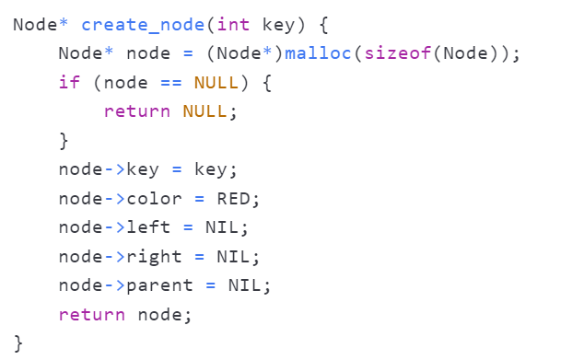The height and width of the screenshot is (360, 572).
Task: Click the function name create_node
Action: click(143, 25)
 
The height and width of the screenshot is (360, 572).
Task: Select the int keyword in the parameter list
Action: click(233, 25)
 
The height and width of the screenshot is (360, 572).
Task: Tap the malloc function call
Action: click(318, 53)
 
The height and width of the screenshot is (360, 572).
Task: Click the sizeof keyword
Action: click(398, 53)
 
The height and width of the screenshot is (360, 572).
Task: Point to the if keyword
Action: click(69, 82)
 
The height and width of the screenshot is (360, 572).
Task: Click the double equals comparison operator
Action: click(171, 83)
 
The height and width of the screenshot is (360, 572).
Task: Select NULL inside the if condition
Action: click(216, 83)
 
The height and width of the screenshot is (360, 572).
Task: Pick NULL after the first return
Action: click(204, 111)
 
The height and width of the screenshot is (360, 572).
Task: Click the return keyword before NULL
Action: click(137, 111)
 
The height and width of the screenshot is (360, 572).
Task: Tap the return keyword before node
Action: click(92, 315)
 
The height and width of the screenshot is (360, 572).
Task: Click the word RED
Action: click(233, 199)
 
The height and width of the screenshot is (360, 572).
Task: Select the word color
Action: click(154, 199)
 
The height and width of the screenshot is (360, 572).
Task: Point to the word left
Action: click(148, 227)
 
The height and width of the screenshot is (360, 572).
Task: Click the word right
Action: click(154, 257)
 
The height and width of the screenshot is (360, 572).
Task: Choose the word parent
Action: click(159, 286)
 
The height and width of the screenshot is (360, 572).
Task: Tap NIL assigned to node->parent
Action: click(244, 285)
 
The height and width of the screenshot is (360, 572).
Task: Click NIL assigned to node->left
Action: click(222, 227)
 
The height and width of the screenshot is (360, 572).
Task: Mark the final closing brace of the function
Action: click(18, 343)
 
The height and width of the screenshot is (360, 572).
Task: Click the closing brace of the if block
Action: click(64, 141)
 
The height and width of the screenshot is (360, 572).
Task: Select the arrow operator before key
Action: click(115, 169)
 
